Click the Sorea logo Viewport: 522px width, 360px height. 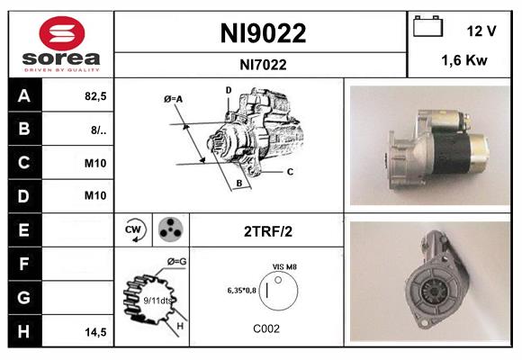(x=61, y=43)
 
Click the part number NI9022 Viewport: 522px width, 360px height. (x=264, y=33)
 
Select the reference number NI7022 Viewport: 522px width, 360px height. (x=264, y=64)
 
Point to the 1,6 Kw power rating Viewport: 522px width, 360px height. (x=464, y=62)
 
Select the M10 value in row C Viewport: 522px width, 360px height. (x=94, y=163)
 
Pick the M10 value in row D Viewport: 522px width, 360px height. (x=94, y=195)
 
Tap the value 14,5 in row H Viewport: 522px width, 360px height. (x=96, y=331)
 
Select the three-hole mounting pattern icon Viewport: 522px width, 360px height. (x=168, y=230)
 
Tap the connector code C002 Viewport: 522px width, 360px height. (x=267, y=328)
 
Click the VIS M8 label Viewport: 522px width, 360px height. (x=284, y=267)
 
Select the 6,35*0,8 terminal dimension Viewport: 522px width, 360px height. (x=242, y=290)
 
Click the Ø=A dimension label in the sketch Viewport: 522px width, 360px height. (x=174, y=99)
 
